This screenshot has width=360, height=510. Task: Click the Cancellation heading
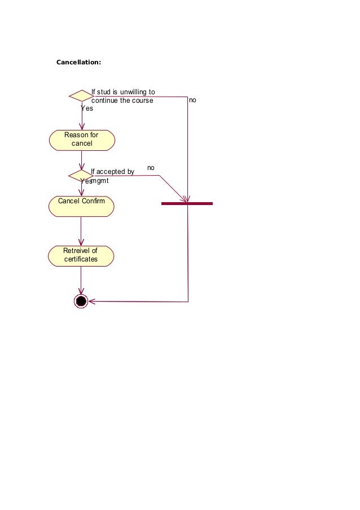(x=78, y=62)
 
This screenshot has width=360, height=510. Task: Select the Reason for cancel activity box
(x=82, y=140)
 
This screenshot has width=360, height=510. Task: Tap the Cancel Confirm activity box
(x=81, y=206)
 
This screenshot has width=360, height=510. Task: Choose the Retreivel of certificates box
(x=81, y=255)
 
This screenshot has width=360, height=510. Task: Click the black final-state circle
(x=81, y=301)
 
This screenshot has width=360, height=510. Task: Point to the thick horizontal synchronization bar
(x=187, y=203)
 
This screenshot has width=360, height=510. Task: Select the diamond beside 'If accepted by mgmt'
(x=80, y=176)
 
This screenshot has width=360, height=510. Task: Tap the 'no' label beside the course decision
(x=192, y=100)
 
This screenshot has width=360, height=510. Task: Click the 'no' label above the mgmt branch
(x=151, y=168)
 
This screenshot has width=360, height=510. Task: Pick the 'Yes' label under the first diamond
(x=86, y=108)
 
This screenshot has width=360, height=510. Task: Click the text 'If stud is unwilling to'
(x=123, y=92)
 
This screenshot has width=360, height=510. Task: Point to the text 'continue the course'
(x=122, y=101)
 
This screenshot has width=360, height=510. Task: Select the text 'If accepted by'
(x=112, y=172)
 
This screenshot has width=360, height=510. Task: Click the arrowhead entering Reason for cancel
(x=82, y=127)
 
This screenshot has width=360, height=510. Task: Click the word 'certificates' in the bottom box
(x=81, y=259)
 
